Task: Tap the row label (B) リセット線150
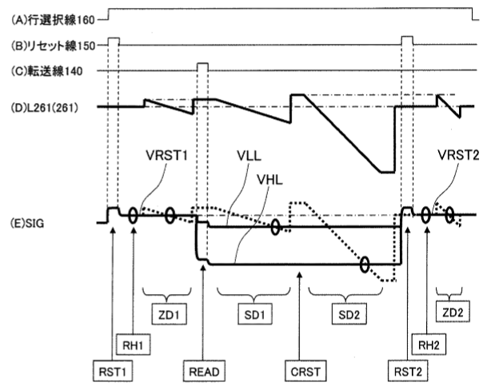51,44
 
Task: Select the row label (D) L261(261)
45,105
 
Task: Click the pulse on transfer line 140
202,66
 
